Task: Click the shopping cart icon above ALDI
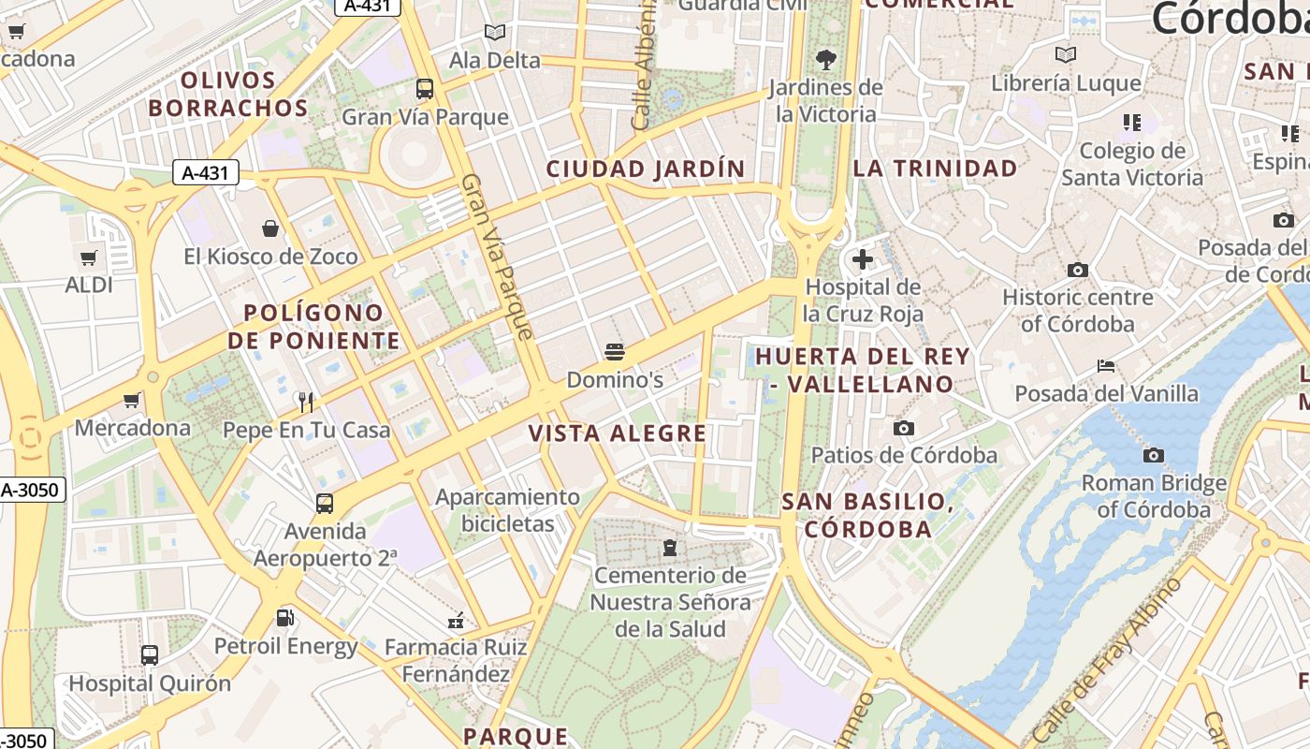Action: [89, 257]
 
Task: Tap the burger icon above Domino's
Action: [615, 352]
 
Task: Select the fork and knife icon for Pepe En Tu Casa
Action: [306, 402]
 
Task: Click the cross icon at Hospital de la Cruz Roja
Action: [862, 259]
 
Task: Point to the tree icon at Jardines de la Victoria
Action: [825, 60]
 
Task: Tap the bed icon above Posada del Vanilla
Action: [1106, 366]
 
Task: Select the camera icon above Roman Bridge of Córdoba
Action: [1154, 456]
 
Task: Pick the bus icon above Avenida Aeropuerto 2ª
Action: [325, 504]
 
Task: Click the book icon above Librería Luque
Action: [1066, 55]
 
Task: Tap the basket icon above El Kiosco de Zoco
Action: [270, 228]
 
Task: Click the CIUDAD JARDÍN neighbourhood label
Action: [646, 169]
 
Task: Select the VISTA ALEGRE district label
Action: [618, 433]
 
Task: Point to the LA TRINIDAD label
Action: [935, 169]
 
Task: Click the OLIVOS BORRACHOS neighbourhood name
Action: [228, 94]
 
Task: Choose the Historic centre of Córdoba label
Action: [1077, 311]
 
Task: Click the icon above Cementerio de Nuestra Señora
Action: [670, 547]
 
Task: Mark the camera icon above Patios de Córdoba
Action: [903, 429]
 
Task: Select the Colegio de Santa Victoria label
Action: [1132, 164]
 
